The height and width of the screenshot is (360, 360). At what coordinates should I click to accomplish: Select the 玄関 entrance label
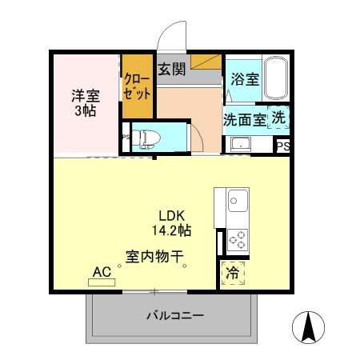tap(171, 69)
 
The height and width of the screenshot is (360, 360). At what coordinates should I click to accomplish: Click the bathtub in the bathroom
tap(276, 79)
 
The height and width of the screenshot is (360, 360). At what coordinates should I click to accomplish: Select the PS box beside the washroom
tap(282, 146)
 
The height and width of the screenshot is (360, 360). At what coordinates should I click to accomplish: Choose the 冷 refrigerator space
tap(233, 273)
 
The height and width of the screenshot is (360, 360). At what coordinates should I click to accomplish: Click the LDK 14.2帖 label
tap(174, 222)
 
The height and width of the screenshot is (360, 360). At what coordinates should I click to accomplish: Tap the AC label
tap(102, 271)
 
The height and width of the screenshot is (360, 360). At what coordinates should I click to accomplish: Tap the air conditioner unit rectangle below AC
tap(102, 282)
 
